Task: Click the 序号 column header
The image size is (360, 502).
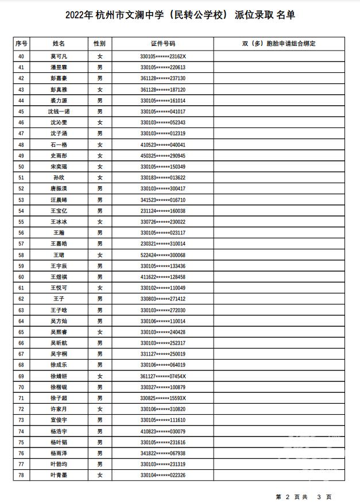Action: (21, 44)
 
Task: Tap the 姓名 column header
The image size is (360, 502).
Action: (59, 44)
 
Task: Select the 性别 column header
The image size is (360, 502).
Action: (99, 44)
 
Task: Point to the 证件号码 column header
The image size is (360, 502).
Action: (162, 44)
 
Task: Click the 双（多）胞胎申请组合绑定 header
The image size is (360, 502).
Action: (279, 44)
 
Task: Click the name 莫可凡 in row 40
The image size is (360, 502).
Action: (59, 56)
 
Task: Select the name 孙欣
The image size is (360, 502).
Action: (59, 177)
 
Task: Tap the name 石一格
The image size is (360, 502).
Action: (59, 145)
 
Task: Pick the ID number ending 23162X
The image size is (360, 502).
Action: (162, 56)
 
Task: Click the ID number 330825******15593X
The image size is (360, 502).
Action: (162, 398)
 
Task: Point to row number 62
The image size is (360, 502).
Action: (21, 299)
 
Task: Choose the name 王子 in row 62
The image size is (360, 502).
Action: (59, 299)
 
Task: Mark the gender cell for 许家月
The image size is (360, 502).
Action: (99, 409)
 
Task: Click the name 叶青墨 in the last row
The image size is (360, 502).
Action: (59, 475)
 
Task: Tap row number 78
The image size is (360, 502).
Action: (21, 475)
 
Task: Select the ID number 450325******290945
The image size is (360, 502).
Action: (162, 156)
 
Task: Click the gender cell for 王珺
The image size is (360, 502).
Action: (99, 254)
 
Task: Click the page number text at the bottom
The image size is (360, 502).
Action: (304, 496)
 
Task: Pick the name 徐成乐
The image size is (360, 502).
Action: (59, 365)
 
